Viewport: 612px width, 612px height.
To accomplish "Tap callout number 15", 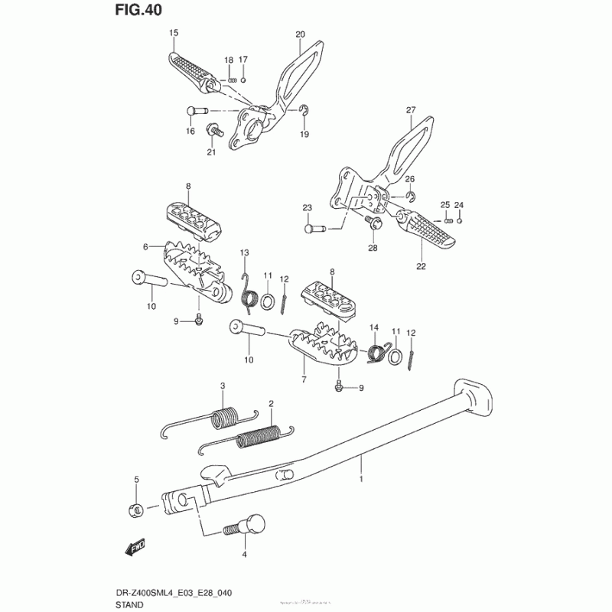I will (174, 32).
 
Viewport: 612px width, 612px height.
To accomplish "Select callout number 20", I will (300, 34).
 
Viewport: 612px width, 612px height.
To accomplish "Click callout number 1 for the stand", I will (362, 479).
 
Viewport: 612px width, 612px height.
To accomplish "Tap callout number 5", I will (137, 480).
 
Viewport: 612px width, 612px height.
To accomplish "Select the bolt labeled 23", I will (314, 227).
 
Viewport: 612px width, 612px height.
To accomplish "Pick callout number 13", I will (245, 252).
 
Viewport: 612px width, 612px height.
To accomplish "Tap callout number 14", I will (375, 327).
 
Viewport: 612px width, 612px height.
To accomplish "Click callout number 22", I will (422, 267).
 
